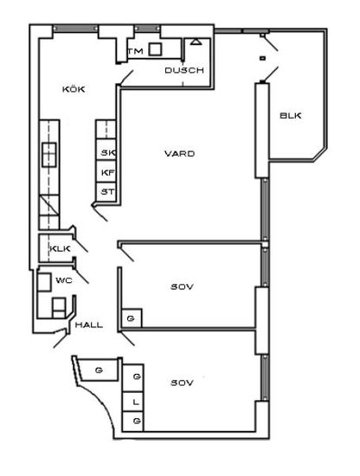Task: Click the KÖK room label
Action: [74, 89]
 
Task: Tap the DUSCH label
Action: [184, 70]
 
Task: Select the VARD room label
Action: [179, 153]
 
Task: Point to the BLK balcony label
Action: [291, 116]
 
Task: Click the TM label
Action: [136, 51]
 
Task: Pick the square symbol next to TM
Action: [155, 49]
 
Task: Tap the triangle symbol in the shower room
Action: [196, 42]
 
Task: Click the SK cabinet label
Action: [108, 152]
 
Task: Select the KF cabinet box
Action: [106, 171]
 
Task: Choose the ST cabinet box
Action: [106, 191]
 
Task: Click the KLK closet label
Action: [60, 249]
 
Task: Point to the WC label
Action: [64, 280]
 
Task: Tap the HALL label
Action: [89, 325]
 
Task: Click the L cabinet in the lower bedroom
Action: [132, 402]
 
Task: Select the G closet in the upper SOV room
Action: [132, 318]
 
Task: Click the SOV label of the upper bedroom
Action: [182, 286]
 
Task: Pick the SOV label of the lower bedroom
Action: [182, 383]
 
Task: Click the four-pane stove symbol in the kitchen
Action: [49, 155]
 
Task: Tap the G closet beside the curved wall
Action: [99, 370]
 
